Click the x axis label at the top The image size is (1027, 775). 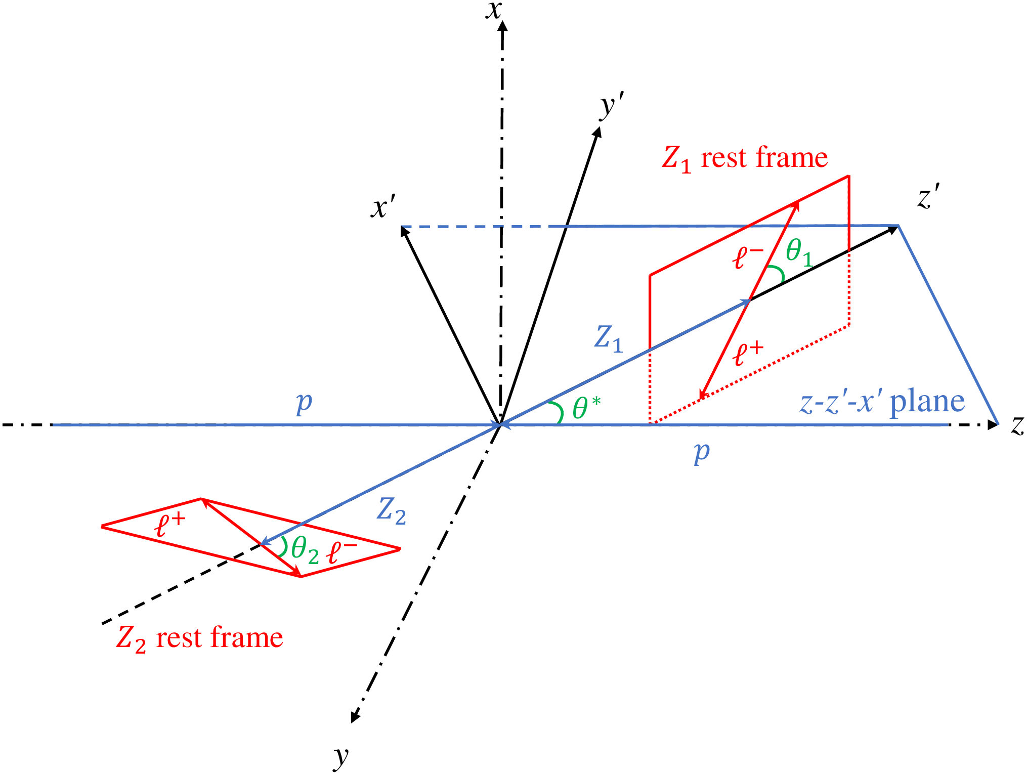(x=493, y=10)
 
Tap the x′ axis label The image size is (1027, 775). (x=382, y=207)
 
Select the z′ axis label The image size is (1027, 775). (x=929, y=197)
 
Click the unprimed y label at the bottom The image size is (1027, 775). (x=341, y=756)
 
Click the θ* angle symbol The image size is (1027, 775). (x=586, y=408)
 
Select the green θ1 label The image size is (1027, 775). (x=799, y=252)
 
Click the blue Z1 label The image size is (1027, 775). (x=608, y=338)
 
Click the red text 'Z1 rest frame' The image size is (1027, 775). (x=745, y=158)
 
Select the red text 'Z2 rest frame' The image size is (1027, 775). (x=199, y=638)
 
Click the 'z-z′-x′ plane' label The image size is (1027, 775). (x=882, y=402)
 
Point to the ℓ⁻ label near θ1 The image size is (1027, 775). (x=747, y=257)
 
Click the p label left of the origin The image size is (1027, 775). (x=304, y=403)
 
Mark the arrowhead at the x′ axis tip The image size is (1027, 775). (x=404, y=231)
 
